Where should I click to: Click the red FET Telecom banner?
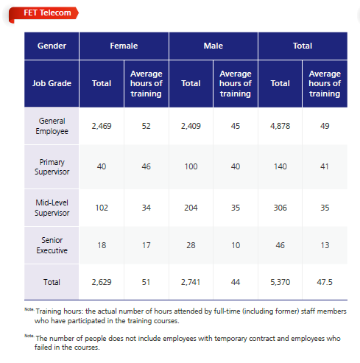[43, 13]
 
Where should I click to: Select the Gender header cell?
[52, 46]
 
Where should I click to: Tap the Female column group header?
[124, 46]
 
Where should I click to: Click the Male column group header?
[213, 46]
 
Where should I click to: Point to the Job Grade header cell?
[52, 84]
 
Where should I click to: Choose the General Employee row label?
[52, 126]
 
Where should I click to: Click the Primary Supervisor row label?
[52, 167]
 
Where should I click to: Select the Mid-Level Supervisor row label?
[52, 208]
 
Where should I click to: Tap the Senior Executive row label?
[52, 245]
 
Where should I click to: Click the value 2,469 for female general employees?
[102, 126]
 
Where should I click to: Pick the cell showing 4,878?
[280, 126]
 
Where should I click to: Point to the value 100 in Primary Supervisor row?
[191, 166]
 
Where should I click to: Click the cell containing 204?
[191, 208]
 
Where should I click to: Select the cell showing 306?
[280, 208]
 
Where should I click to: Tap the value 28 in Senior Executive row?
[191, 245]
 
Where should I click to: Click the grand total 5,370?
[280, 282]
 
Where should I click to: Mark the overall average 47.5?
[325, 282]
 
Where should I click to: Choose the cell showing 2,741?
[191, 282]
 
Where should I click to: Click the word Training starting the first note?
[49, 311]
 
